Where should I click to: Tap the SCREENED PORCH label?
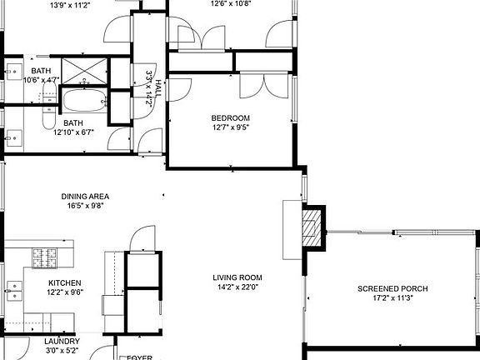(392, 289)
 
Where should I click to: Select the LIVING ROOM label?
(237, 277)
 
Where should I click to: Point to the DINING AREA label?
(85, 197)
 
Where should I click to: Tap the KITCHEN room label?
(64, 283)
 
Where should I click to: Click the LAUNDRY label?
(62, 342)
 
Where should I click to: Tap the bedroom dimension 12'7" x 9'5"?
(230, 127)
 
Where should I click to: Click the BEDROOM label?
(230, 117)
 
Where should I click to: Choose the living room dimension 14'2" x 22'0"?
(237, 287)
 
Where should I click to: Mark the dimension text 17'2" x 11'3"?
(392, 299)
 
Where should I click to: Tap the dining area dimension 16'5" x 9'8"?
(85, 207)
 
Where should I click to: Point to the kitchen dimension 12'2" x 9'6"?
(64, 292)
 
